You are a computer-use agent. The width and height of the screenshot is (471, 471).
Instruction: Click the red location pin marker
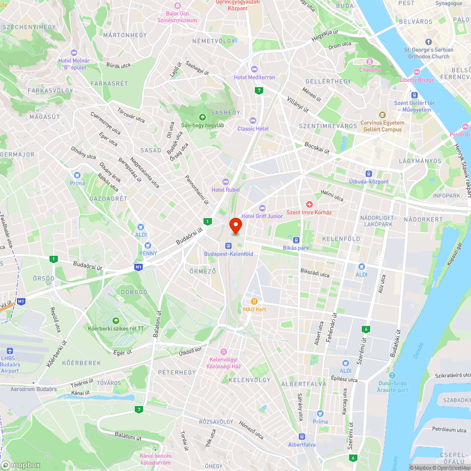(235, 226)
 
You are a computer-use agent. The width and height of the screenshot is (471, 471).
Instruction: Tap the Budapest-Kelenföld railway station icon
(228, 245)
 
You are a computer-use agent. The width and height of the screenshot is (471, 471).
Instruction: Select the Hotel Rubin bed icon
(226, 181)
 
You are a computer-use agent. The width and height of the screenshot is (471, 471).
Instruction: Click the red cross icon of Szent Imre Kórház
(309, 204)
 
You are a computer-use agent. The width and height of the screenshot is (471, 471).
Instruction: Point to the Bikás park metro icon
(296, 239)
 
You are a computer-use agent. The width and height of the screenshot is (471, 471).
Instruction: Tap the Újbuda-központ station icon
(369, 173)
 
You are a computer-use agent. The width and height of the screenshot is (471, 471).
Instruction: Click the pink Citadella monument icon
(370, 62)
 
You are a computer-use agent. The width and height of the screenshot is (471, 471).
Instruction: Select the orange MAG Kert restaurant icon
(254, 301)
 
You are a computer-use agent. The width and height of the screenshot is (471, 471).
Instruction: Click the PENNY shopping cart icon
(148, 245)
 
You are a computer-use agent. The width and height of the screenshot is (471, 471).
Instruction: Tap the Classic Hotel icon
(253, 121)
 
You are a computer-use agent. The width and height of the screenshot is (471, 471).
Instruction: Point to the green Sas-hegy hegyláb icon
(203, 117)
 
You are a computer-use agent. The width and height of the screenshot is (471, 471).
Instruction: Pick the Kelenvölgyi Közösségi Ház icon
(224, 351)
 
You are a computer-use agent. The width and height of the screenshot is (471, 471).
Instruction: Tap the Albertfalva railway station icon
(301, 436)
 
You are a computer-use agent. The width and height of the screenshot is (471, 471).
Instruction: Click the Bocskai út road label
(317, 147)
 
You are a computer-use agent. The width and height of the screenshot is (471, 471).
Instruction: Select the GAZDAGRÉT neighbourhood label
(108, 199)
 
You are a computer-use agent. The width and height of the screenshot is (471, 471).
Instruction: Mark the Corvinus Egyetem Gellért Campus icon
(381, 115)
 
